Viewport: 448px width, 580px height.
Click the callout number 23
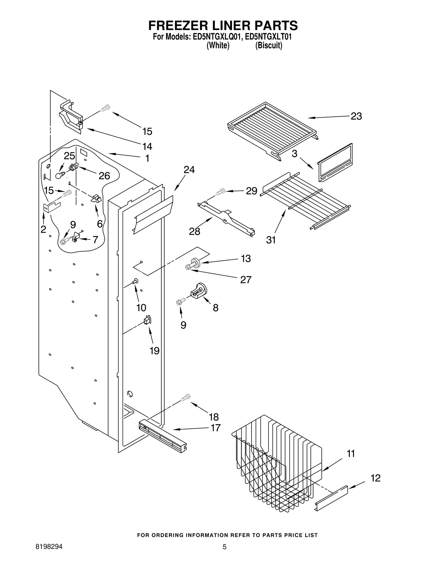[x=356, y=116]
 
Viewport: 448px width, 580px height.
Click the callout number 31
[x=271, y=240]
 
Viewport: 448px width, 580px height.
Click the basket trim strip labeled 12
[x=332, y=499]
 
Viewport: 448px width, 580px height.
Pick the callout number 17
[x=215, y=428]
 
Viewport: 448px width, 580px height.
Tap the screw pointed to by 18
[x=185, y=397]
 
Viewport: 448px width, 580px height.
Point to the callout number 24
[x=189, y=170]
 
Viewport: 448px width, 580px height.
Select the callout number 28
[x=195, y=231]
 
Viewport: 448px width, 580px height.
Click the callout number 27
[x=246, y=279]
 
